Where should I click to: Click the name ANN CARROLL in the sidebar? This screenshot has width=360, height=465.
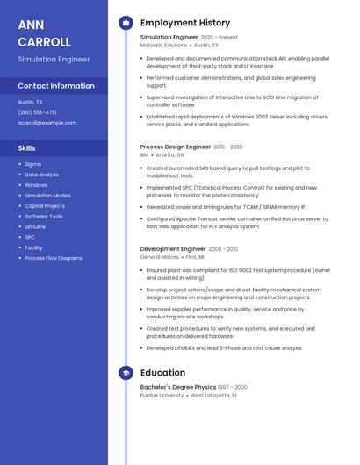(44, 32)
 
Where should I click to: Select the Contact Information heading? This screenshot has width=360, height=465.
(56, 86)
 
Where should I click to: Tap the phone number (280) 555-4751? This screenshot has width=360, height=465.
(37, 112)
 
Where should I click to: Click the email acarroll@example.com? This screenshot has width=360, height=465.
(47, 123)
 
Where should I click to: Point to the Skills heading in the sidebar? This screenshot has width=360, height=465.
(27, 148)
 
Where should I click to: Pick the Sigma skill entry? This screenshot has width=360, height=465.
(32, 164)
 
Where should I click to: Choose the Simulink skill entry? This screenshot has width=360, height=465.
(35, 226)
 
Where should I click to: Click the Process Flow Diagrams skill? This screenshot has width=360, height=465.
(54, 258)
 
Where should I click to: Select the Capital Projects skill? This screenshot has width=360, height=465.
(45, 206)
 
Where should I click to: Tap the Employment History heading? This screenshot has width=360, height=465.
(184, 23)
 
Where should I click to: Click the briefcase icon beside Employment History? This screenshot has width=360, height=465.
(126, 23)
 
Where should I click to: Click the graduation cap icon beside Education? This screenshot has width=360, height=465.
(126, 373)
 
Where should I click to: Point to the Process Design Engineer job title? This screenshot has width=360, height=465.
(176, 147)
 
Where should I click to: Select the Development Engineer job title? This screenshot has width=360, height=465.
(173, 249)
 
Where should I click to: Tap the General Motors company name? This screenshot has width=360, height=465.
(160, 257)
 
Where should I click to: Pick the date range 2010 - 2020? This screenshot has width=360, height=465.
(228, 147)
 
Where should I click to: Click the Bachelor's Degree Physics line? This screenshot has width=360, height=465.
(178, 387)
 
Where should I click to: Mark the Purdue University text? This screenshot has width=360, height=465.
(162, 396)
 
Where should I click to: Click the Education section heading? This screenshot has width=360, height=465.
(162, 373)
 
